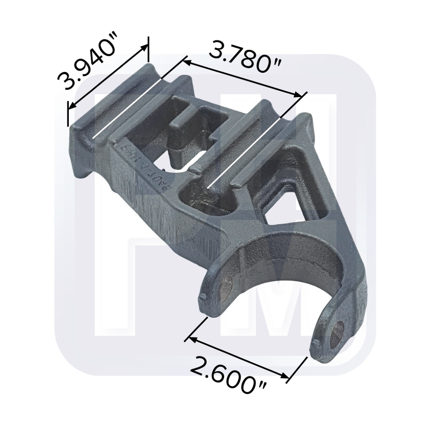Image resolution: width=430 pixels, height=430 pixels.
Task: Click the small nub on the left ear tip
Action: point(203,296)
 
